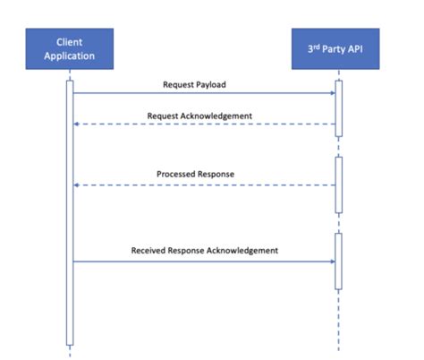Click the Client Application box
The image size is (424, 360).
click(70, 49)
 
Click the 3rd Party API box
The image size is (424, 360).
click(337, 49)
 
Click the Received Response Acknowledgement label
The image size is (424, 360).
click(205, 250)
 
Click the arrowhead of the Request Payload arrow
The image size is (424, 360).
click(331, 93)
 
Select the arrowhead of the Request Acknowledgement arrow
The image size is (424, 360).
click(77, 124)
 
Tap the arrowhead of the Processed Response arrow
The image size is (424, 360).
click(77, 184)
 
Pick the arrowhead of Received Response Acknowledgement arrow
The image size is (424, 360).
click(331, 261)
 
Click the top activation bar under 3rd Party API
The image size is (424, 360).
click(338, 108)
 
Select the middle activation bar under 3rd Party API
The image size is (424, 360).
click(338, 184)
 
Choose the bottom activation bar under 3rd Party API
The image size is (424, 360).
click(338, 261)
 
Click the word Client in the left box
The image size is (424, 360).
click(70, 42)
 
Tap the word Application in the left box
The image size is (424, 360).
click(70, 56)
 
